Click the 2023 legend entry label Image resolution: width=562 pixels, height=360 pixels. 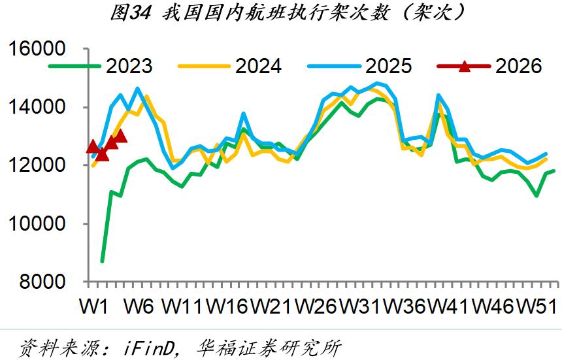(129, 66)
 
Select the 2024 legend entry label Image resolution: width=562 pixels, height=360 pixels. (258, 66)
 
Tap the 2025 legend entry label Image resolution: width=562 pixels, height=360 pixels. (388, 66)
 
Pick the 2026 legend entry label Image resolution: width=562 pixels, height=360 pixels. (519, 66)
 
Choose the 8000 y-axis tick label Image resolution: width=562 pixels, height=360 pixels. (48, 282)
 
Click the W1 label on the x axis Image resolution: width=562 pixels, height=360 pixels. (94, 306)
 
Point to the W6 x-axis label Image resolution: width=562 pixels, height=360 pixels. (139, 306)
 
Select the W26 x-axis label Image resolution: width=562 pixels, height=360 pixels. (317, 306)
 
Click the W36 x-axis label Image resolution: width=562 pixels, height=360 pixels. (406, 306)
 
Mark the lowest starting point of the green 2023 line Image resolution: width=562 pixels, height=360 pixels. (102, 261)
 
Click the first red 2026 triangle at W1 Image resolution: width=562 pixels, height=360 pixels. (93, 147)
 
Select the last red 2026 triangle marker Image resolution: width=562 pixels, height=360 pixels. (120, 136)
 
